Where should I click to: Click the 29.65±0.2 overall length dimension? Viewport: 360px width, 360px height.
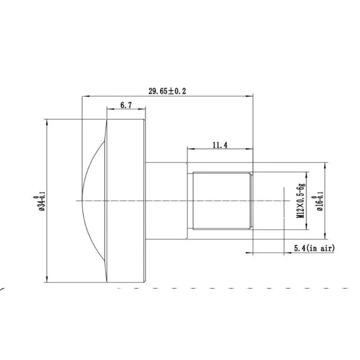pyautogui.click(x=167, y=91)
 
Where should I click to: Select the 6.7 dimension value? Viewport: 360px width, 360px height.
pyautogui.click(x=126, y=105)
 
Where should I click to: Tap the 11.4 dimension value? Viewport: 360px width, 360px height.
pyautogui.click(x=220, y=145)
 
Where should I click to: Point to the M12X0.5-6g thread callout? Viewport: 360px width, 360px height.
pyautogui.click(x=301, y=200)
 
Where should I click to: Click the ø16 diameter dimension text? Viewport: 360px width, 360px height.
pyautogui.click(x=319, y=201)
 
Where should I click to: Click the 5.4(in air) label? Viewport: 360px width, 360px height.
pyautogui.click(x=314, y=248)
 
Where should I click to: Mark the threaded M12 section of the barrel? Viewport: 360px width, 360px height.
pyautogui.click(x=221, y=201)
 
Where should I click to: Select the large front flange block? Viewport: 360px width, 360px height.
pyautogui.click(x=126, y=201)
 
